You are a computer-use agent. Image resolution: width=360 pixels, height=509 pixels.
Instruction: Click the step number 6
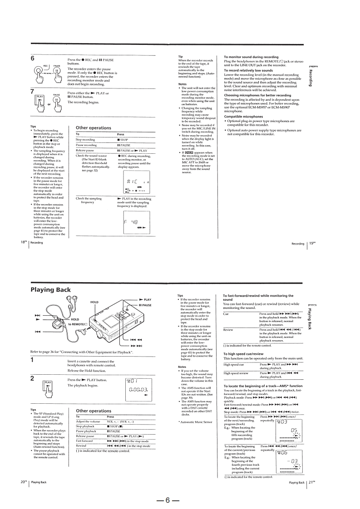33,59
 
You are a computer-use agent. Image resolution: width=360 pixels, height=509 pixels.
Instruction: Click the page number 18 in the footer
23,242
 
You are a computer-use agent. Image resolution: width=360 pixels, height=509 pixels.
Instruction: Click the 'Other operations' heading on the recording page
94,128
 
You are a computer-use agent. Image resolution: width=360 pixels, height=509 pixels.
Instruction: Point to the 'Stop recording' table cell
85,140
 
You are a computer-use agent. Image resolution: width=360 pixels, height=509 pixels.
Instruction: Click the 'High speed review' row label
237,373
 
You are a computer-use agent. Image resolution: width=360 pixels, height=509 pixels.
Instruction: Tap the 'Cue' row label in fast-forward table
227,313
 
